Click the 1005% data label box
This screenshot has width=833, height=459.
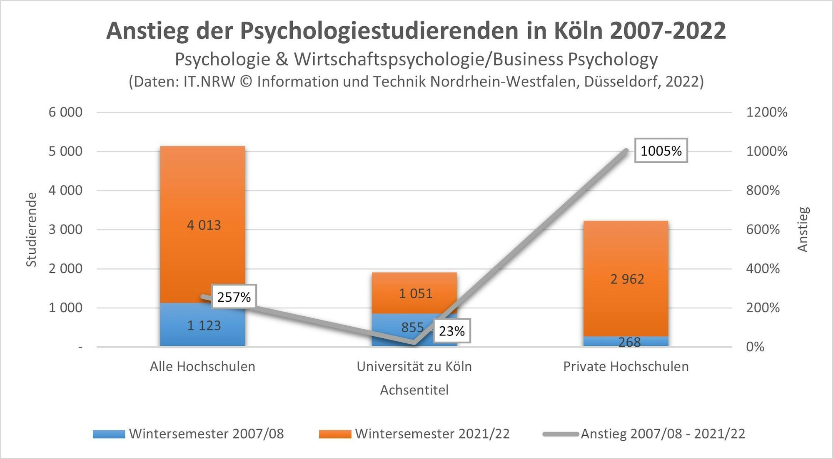(661, 151)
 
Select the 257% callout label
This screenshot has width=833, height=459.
(234, 297)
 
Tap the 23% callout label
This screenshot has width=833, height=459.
(451, 331)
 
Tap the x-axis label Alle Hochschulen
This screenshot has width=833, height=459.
(202, 367)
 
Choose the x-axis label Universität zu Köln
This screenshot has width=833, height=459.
(414, 367)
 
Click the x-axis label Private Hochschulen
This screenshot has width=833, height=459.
(626, 367)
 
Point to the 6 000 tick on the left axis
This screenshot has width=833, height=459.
(65, 112)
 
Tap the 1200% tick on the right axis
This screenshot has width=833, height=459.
(766, 112)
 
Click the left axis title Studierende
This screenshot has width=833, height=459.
(32, 229)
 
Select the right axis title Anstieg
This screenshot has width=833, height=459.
(803, 229)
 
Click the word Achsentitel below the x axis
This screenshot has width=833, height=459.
(414, 390)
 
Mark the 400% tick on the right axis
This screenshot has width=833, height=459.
(763, 268)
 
